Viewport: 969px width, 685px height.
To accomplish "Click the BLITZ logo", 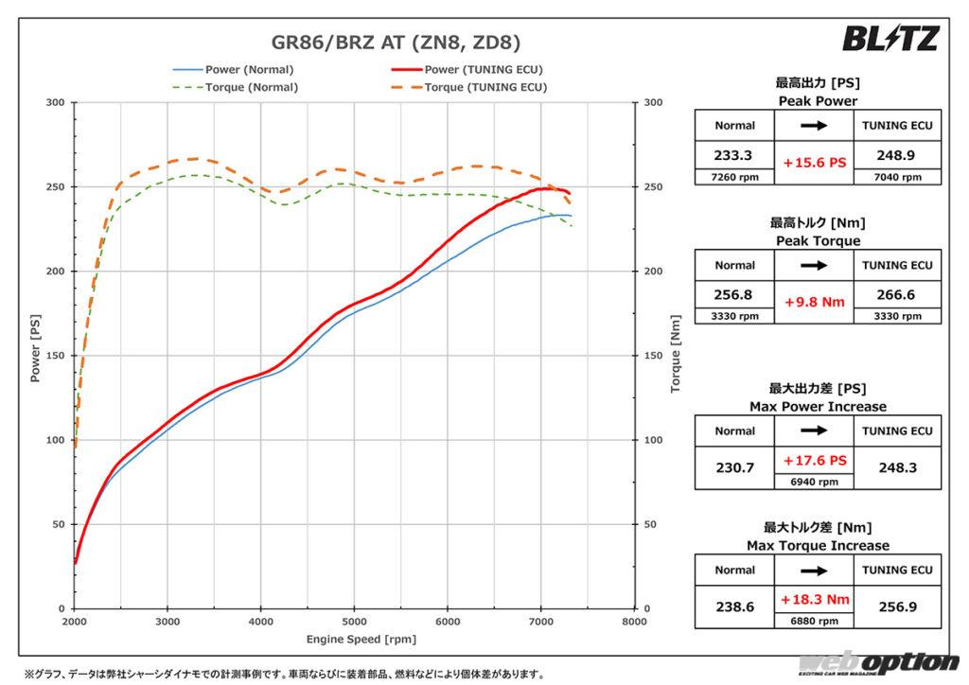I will [x=890, y=38].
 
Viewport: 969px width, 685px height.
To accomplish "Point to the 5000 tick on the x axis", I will [x=354, y=623].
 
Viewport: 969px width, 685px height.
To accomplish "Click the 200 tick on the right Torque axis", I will [x=652, y=272].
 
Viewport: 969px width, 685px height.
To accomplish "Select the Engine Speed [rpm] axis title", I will [x=355, y=640].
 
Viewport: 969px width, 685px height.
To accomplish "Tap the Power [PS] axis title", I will [x=35, y=356].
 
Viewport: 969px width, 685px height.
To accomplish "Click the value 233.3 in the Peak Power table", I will [x=734, y=154].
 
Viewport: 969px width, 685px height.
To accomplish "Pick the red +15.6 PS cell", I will [x=815, y=163].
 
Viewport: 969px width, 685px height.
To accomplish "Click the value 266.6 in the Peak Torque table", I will [x=896, y=294].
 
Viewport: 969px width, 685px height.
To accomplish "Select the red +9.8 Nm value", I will [x=815, y=303].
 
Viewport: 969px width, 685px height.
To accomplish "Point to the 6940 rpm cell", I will [x=815, y=482].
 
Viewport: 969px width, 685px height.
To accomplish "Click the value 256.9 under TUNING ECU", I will [x=896, y=606].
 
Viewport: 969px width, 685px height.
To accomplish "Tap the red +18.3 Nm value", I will [x=815, y=600].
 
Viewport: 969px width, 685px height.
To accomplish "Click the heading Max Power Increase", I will [x=818, y=407].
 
